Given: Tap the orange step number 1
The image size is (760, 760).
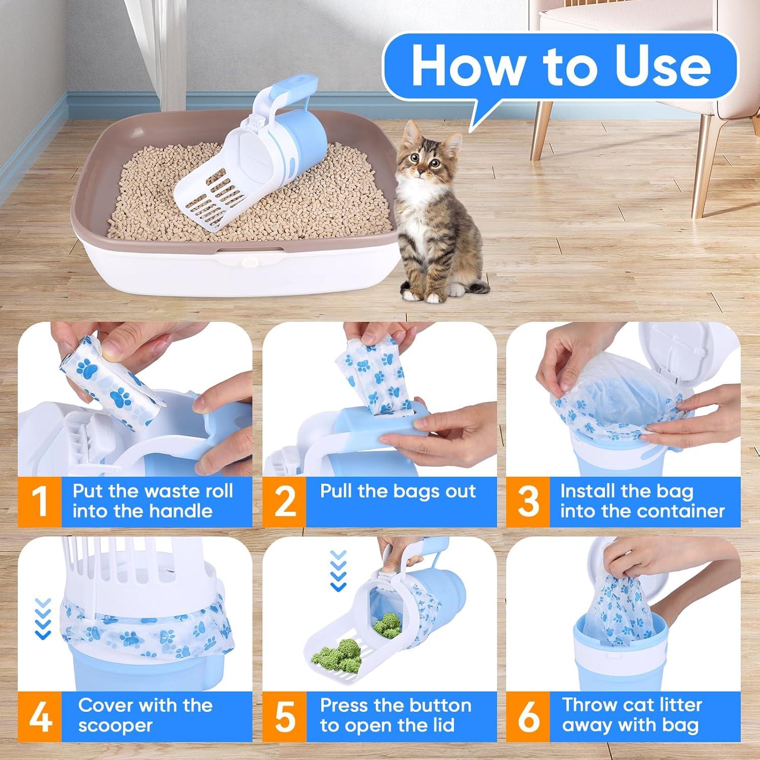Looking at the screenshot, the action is [x=39, y=501].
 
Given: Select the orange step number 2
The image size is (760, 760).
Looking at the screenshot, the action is [x=284, y=501].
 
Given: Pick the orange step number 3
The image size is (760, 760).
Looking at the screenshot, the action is [x=528, y=501].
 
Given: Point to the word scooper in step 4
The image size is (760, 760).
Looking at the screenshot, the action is [x=115, y=726].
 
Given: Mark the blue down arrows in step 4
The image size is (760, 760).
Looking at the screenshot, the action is [x=44, y=618].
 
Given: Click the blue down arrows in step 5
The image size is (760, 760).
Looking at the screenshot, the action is [x=338, y=571].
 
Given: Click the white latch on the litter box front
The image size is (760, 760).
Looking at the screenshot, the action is [x=249, y=261].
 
